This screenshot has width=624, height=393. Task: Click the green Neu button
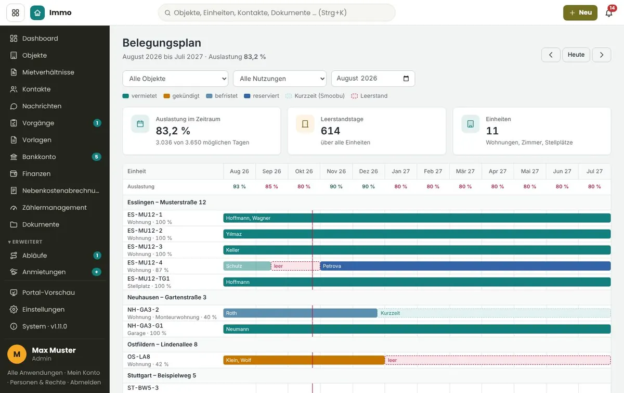[x=580, y=12]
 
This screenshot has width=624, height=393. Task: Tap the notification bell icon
[x=609, y=13]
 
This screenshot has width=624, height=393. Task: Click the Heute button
[x=576, y=55]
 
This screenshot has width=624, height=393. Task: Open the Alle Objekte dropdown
[x=175, y=79]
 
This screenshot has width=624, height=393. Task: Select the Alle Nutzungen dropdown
[x=279, y=79]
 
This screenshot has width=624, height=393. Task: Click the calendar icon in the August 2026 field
[x=406, y=79]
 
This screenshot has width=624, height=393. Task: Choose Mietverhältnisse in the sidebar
[x=48, y=72]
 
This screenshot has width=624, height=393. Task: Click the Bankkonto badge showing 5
[x=96, y=157]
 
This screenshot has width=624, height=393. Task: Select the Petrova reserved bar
[x=465, y=266]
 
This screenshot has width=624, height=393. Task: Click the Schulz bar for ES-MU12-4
[x=247, y=266]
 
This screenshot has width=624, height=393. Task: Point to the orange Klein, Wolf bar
[x=304, y=360]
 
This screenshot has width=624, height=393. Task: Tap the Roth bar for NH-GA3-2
[x=301, y=313]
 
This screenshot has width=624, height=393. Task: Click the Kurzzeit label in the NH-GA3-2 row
[x=390, y=313]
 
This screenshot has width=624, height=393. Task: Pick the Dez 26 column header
[x=368, y=171]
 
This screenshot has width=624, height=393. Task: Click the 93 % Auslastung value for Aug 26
[x=239, y=186]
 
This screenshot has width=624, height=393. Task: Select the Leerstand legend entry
[x=369, y=96]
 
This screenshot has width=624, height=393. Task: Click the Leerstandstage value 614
[x=330, y=131]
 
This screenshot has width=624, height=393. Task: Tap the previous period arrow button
[x=551, y=55]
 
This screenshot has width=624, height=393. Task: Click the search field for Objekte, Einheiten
[x=277, y=12]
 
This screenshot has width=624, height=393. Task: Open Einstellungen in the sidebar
[x=43, y=309]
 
